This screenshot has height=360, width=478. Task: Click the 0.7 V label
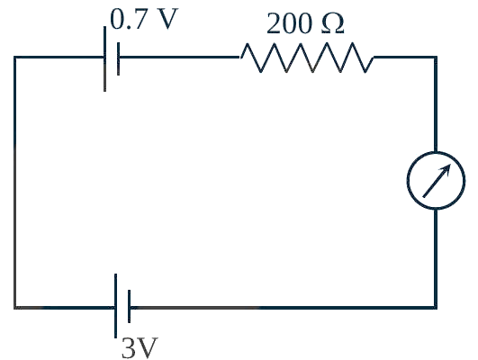[144, 19]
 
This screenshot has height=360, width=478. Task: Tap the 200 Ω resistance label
[305, 23]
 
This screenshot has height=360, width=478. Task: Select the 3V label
[140, 347]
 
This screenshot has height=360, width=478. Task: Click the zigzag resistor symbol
[307, 58]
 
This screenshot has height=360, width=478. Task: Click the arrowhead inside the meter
[446, 169]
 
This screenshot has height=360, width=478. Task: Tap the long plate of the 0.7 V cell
[104, 58]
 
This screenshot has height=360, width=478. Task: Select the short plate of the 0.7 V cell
[118, 58]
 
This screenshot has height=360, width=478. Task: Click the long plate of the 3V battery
[115, 306]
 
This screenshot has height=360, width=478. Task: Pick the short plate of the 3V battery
[130, 306]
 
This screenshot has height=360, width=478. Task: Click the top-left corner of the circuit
[15, 57]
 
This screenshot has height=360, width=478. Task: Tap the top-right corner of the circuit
[436, 57]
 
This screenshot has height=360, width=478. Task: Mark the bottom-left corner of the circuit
[15, 307]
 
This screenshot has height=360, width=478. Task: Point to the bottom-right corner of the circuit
[436, 307]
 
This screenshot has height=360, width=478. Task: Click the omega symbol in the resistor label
[333, 23]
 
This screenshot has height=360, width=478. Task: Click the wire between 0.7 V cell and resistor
[179, 57]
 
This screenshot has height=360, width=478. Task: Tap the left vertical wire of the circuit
[15, 182]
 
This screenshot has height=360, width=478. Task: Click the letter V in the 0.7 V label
[167, 19]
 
